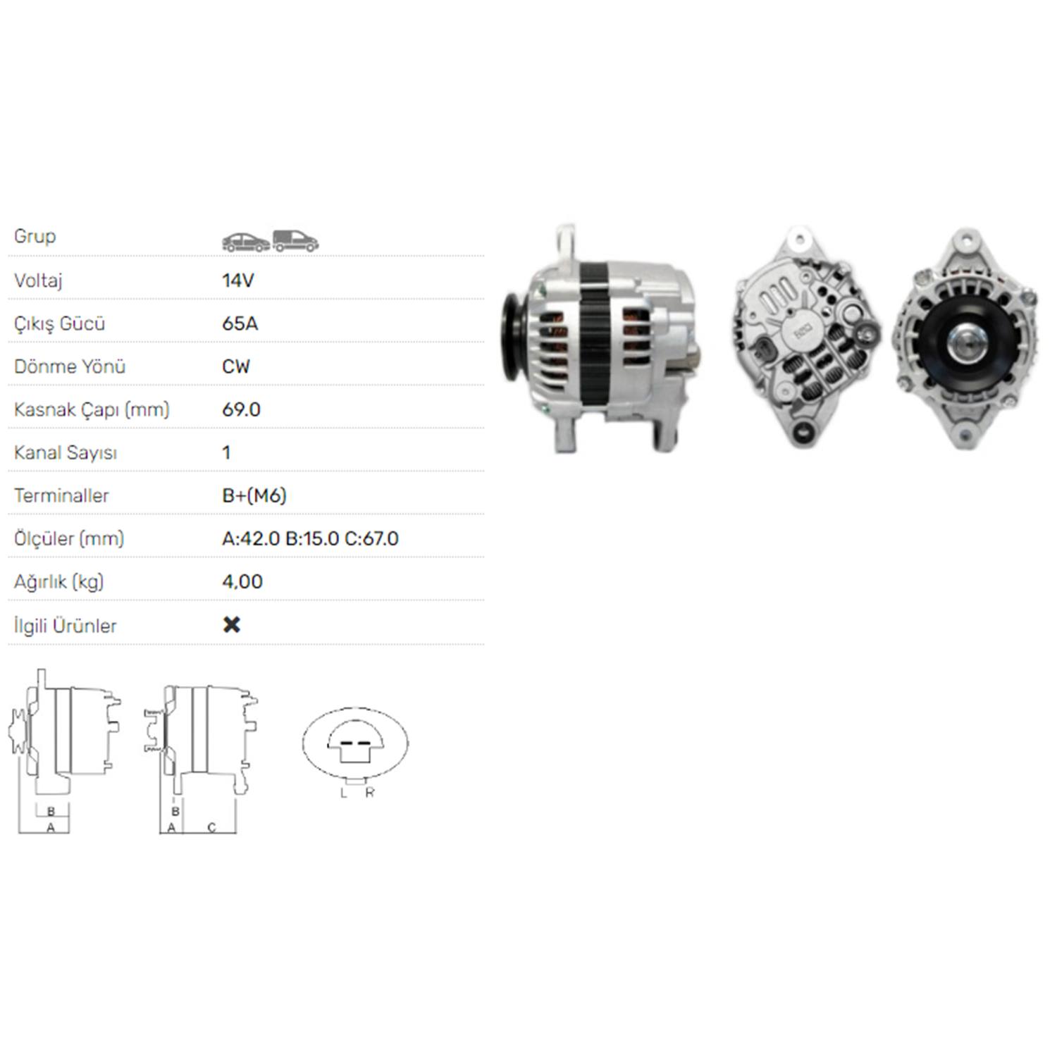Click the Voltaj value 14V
click(237, 280)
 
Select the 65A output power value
click(240, 323)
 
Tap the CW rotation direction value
click(235, 366)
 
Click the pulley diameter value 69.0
click(241, 409)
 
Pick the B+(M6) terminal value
click(254, 495)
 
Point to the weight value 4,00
click(242, 582)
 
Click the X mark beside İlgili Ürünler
click(231, 624)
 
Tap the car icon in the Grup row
click(246, 242)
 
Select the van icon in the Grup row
click(295, 241)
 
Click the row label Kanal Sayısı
click(65, 452)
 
